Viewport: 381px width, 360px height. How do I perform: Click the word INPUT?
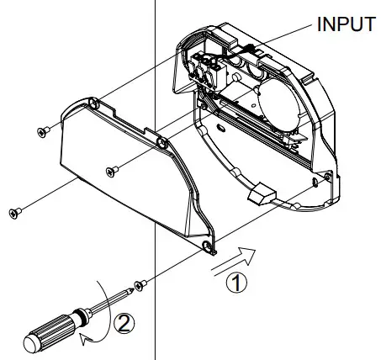(345, 24)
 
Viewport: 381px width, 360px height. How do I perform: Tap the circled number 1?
(240, 284)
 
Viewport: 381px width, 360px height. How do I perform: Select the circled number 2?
(124, 321)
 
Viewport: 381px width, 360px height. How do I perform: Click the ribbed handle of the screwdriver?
(50, 329)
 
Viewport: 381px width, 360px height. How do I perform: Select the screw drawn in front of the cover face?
(110, 172)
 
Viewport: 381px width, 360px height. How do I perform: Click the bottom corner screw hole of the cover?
(208, 245)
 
